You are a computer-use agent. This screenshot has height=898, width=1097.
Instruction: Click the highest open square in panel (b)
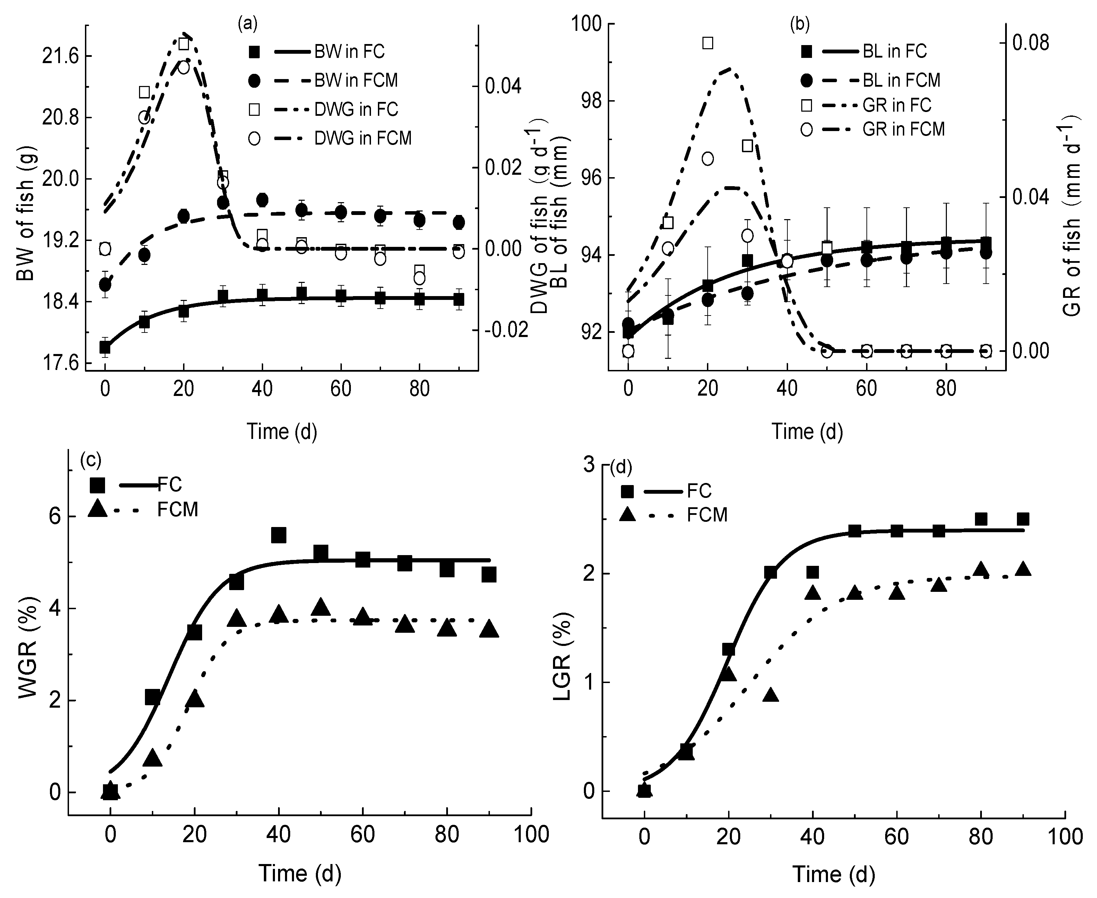click(708, 43)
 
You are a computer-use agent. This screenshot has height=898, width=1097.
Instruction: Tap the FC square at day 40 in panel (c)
click(279, 535)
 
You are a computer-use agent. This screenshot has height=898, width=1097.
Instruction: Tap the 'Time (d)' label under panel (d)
click(833, 874)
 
